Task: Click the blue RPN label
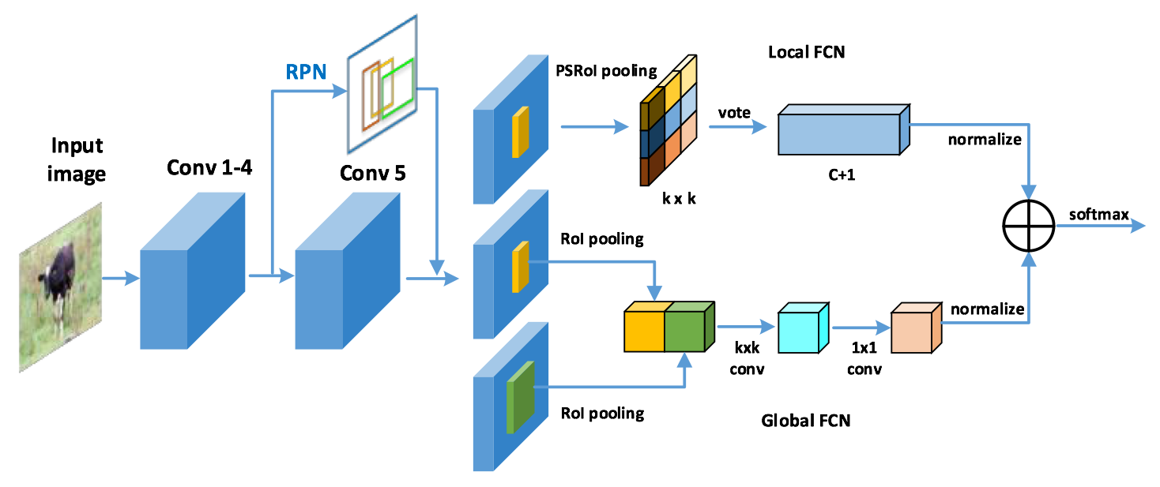(306, 71)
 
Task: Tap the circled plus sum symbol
(1029, 227)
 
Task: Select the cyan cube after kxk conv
(803, 328)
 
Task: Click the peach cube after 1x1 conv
(916, 328)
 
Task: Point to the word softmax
(1098, 214)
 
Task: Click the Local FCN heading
(806, 52)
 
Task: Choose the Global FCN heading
(806, 420)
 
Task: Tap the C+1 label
(842, 175)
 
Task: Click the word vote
(734, 113)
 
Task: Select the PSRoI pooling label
(606, 71)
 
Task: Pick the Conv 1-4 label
(209, 167)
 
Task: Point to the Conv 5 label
(372, 173)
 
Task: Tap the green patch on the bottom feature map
(520, 397)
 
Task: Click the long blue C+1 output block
(844, 129)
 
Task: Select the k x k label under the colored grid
(679, 199)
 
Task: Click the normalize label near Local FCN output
(985, 140)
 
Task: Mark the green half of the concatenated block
(689, 327)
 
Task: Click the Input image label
(77, 159)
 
